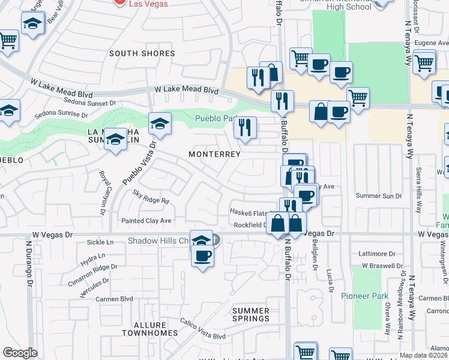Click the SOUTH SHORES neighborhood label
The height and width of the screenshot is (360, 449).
(142, 53)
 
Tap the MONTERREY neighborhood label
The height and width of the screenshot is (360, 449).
(214, 154)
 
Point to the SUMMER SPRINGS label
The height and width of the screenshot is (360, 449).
(251, 314)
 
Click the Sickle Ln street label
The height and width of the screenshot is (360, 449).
(100, 242)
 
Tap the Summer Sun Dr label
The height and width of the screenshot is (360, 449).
(378, 196)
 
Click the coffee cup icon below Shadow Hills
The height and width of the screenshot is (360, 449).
(202, 256)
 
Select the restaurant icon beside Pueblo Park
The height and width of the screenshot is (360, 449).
(245, 127)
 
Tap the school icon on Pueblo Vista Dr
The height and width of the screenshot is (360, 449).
(160, 124)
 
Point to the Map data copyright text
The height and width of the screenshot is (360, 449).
(415, 355)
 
